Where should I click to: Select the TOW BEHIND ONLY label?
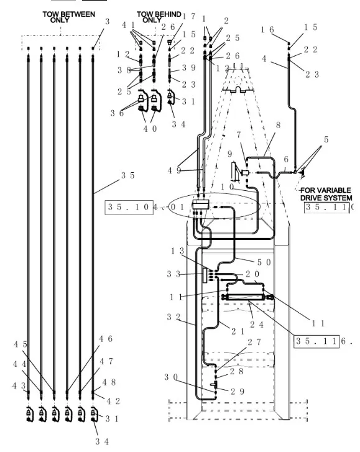pos(154,17)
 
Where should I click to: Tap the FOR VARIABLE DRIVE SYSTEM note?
pos(325,194)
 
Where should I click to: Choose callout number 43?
pos(19,386)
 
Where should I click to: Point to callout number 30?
pos(171,377)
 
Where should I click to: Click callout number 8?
pos(278,124)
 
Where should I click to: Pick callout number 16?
pos(267,29)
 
